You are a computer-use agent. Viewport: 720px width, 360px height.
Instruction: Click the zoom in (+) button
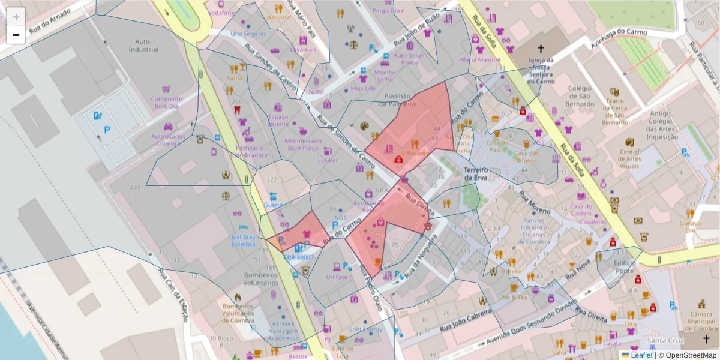click(16, 17)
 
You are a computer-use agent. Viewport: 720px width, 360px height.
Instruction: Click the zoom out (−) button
click(16, 35)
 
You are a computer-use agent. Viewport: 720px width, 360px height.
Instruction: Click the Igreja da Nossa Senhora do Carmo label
click(540, 71)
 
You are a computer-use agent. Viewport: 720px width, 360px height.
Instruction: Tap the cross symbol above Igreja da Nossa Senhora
click(540, 49)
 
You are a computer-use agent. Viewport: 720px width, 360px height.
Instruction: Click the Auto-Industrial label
click(142, 46)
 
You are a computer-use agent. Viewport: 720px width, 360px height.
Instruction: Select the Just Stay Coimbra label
click(243, 240)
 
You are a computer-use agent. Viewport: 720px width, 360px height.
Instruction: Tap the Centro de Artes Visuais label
click(630, 158)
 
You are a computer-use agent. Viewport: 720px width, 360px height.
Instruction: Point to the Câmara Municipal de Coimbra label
click(700, 321)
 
